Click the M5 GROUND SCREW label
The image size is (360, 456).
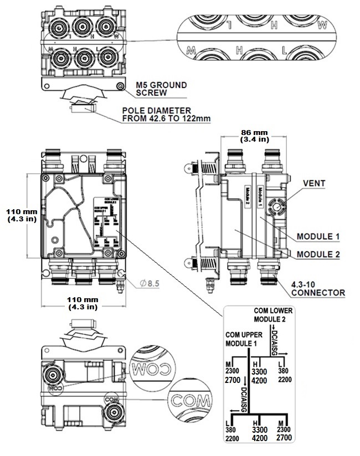coord(162,89)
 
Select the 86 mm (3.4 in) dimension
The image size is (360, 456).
coord(255,136)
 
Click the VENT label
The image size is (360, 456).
coord(314,183)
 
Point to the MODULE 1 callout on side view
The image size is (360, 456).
coord(318,236)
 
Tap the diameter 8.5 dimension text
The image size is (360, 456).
coord(150,283)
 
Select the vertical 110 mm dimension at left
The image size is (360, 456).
coord(21,215)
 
